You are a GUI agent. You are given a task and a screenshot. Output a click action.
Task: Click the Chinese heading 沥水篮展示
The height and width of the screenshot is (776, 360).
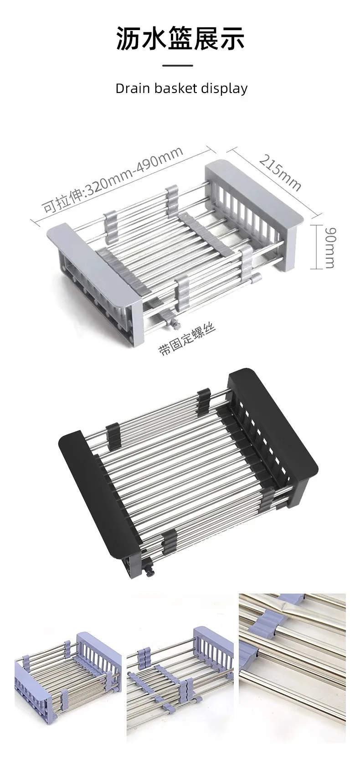coord(180,38)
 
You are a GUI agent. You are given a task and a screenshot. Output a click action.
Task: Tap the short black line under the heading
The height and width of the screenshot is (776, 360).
coord(178,66)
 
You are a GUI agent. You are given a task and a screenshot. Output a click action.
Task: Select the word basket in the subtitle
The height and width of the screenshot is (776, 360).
coord(174,88)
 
